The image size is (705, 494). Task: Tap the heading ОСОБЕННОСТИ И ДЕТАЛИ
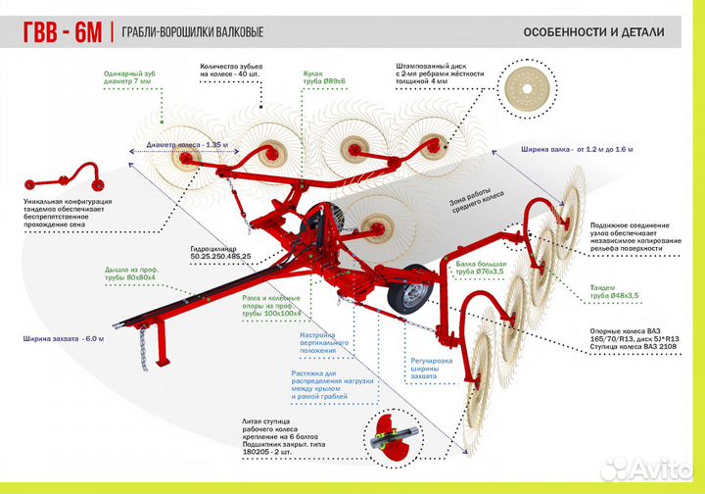[593, 31]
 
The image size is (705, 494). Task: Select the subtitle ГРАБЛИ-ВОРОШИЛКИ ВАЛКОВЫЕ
[192, 32]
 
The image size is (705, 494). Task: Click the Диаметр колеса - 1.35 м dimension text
[186, 145]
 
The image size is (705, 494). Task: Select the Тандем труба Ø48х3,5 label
[615, 291]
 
